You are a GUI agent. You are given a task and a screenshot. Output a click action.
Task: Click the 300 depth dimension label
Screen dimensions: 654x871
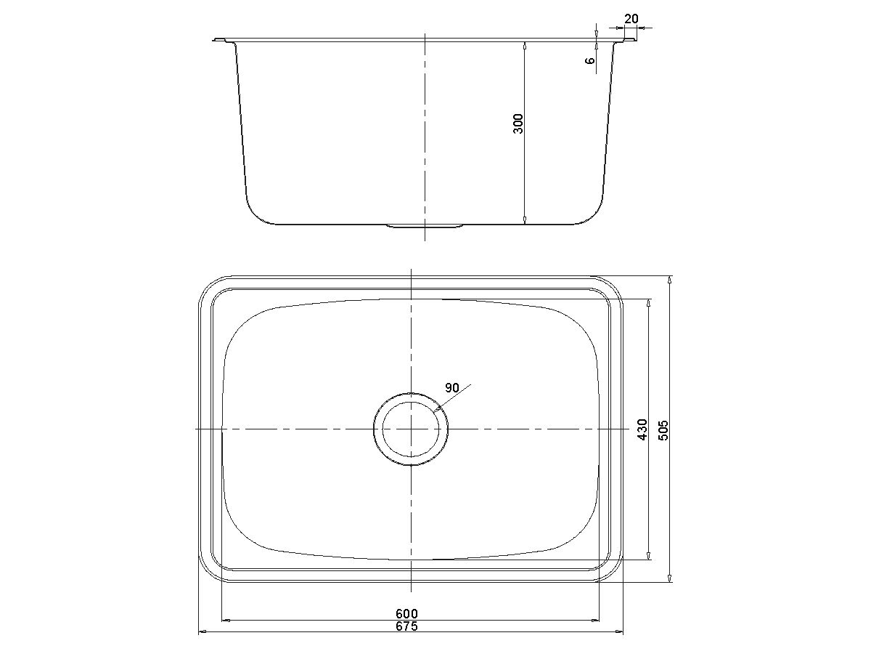click(x=518, y=124)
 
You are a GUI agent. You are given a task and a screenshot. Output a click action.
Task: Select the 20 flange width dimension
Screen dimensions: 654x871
click(x=631, y=19)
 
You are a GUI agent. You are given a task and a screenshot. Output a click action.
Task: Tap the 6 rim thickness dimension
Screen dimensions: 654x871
click(x=591, y=60)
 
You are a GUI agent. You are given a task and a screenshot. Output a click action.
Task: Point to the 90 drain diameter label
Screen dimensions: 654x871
click(x=452, y=388)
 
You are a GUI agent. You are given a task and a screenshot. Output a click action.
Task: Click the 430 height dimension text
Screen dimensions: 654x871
click(x=641, y=429)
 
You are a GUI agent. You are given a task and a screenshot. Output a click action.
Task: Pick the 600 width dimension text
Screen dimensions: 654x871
click(x=406, y=614)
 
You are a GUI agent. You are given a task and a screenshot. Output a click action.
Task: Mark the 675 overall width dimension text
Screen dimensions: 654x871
click(x=406, y=627)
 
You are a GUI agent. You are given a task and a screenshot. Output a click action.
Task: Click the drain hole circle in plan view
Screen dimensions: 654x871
click(x=412, y=429)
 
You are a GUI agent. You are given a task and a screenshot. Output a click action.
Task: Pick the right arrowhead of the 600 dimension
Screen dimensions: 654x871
click(x=594, y=620)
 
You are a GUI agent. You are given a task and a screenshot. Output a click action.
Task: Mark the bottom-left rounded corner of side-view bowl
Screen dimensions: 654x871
click(x=255, y=211)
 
